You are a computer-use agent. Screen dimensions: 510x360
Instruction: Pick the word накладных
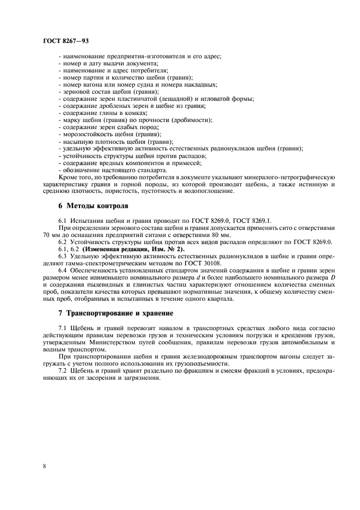[x=200, y=84]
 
